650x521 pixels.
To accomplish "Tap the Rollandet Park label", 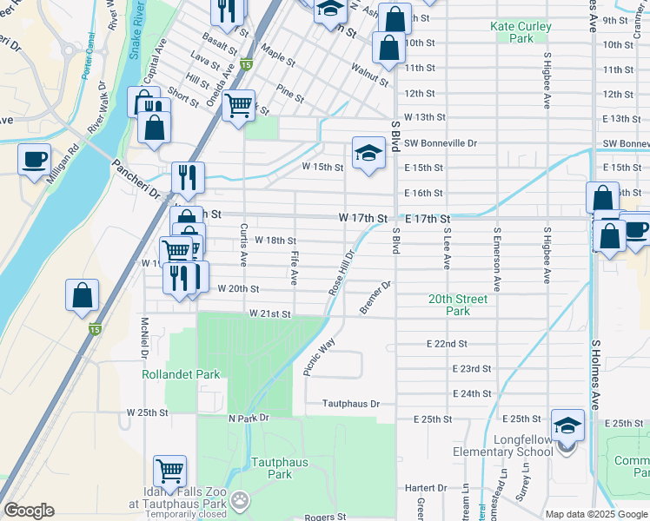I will pyautogui.click(x=182, y=374).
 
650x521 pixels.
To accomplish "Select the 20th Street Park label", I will pyautogui.click(x=458, y=305).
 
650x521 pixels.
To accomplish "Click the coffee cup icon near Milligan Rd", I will pyautogui.click(x=35, y=160).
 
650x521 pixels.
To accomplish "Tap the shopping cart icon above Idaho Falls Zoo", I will pyautogui.click(x=170, y=471).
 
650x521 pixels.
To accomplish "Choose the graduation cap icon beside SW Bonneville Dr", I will pyautogui.click(x=368, y=154).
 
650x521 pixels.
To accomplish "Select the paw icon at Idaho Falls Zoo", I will pyautogui.click(x=240, y=500).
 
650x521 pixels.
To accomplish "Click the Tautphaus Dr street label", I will pyautogui.click(x=352, y=404).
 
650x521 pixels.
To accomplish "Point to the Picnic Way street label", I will pyautogui.click(x=319, y=357).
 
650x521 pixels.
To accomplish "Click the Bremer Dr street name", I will pyautogui.click(x=376, y=298).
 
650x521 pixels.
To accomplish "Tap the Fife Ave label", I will pyautogui.click(x=295, y=266).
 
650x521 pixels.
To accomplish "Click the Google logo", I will pyautogui.click(x=29, y=511).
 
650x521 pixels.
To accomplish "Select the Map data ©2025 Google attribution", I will pyautogui.click(x=595, y=514).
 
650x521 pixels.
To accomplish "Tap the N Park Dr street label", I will pyautogui.click(x=249, y=418).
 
